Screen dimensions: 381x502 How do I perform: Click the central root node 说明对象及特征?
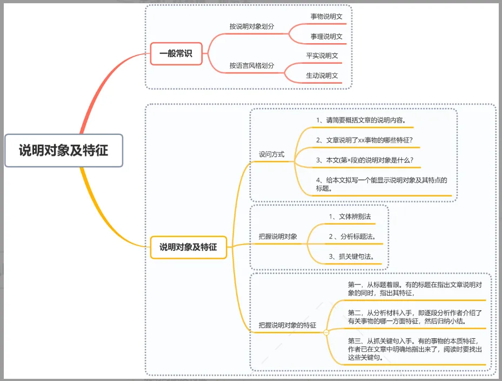64,150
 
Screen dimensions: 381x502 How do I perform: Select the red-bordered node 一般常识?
176,53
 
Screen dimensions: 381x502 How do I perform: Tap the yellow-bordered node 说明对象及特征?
188,247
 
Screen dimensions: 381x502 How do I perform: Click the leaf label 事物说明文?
326,16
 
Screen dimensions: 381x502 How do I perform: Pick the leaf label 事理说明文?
326,37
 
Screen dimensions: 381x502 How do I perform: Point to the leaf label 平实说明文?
322,55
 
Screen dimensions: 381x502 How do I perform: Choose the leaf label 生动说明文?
322,76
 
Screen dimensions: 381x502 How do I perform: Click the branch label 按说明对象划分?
252,26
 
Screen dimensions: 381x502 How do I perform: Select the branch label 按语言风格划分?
252,65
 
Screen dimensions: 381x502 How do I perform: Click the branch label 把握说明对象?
278,236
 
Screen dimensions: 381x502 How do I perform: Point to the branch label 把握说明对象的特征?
287,325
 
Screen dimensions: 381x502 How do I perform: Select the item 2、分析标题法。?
352,236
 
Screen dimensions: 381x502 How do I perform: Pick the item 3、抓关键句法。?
352,256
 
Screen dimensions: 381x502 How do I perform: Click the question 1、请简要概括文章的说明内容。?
361,120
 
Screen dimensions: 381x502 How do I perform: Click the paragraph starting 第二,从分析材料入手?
415,316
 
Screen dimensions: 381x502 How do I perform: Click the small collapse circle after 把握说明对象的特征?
326,332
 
